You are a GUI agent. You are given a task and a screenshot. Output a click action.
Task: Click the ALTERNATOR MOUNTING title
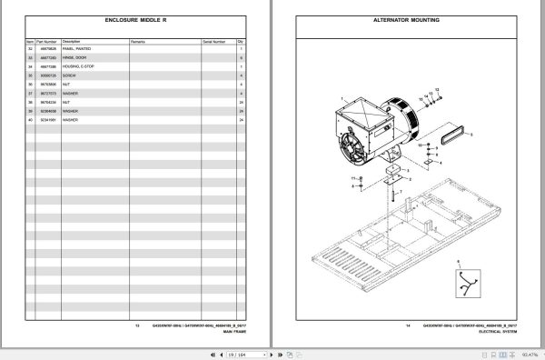click(408, 18)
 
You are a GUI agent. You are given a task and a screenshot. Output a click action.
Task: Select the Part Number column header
click(47, 41)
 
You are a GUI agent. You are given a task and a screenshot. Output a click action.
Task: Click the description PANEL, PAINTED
click(77, 49)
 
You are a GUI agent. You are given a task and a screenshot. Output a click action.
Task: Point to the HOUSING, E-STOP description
click(80, 66)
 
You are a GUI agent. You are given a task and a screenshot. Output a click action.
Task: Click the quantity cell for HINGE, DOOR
click(241, 58)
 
